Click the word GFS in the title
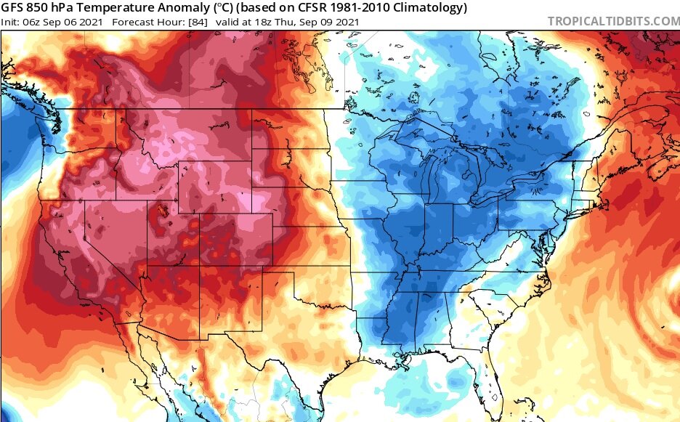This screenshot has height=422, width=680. (x=14, y=8)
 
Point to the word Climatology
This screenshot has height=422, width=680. (x=425, y=8)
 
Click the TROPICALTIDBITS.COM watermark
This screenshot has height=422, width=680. (x=613, y=21)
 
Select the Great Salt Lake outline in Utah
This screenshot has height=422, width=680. (x=161, y=211)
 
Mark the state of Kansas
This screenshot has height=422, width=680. (x=312, y=251)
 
